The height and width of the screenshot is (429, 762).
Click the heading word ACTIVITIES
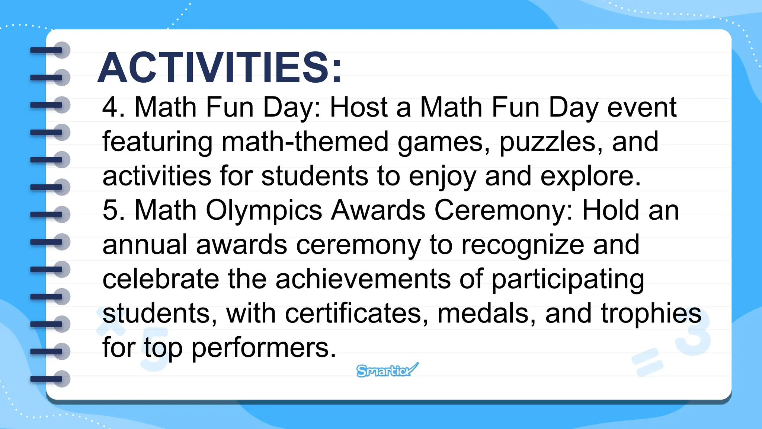220,68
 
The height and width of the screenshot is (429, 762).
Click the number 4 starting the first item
110,107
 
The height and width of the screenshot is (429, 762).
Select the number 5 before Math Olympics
110,210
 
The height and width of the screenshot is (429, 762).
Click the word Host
359,107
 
